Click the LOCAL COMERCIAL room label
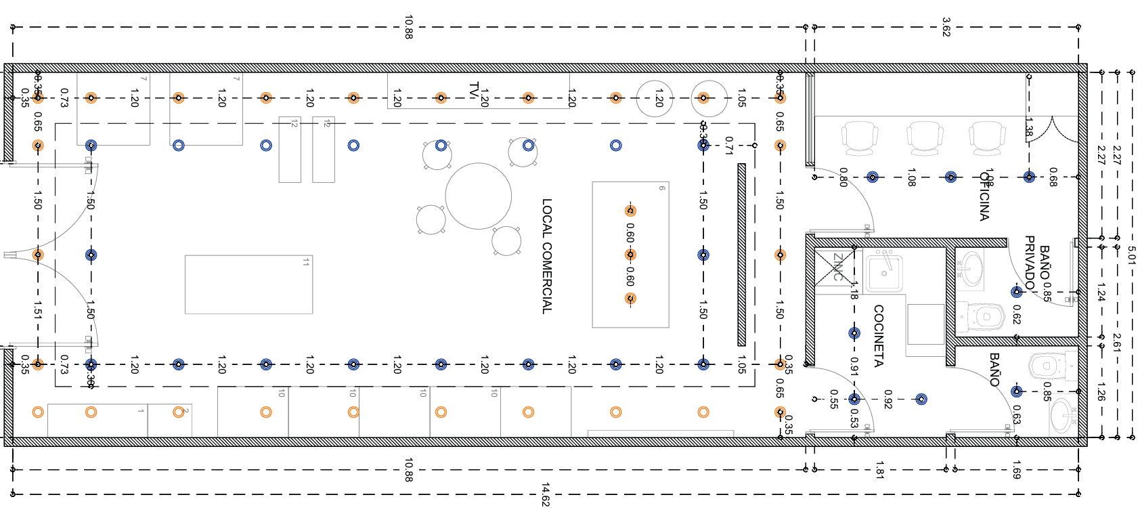[547, 256]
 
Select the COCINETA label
[878, 336]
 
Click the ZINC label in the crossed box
[837, 267]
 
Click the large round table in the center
[478, 196]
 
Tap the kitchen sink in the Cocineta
[883, 272]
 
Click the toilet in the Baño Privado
[983, 315]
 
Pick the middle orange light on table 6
[630, 255]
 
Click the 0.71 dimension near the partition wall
[728, 144]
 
